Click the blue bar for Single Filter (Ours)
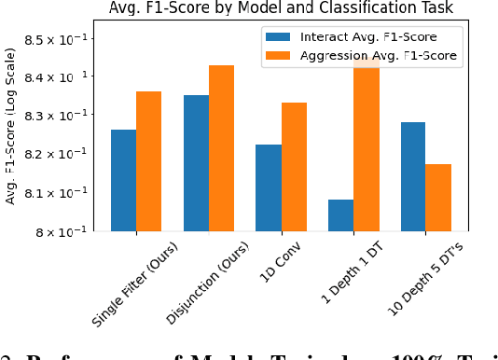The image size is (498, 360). pos(123,180)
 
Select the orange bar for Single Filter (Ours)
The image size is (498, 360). pos(148,161)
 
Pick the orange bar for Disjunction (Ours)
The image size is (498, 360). pos(221,148)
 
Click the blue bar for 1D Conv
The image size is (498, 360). pos(269,187)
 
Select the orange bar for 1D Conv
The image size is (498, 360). pos(294,167)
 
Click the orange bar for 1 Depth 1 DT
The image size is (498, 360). pos(367,145)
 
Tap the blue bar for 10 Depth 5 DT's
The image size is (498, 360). pos(413,176)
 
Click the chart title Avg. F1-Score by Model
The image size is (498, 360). pos(281,8)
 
